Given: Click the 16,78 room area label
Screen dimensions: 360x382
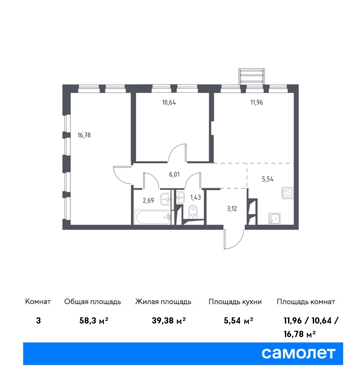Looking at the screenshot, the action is (x=84, y=135).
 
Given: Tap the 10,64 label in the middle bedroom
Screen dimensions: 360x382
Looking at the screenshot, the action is (x=169, y=102).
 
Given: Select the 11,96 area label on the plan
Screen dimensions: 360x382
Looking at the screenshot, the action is (x=256, y=102).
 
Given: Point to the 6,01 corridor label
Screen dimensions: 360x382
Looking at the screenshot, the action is (x=175, y=174).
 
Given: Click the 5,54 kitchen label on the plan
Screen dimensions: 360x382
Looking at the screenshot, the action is (x=268, y=179).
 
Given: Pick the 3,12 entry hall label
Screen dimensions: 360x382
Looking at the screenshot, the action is (x=232, y=209).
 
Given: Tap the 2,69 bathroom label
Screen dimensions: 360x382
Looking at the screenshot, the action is (x=148, y=200).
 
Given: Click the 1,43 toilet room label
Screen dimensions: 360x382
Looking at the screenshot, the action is (x=195, y=197).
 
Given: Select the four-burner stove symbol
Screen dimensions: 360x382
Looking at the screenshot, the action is (x=288, y=193).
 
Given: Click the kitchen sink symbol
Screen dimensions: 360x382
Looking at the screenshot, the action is (x=274, y=218).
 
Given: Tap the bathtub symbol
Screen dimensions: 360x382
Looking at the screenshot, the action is (x=153, y=218).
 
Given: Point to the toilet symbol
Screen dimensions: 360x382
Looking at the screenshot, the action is (x=193, y=212).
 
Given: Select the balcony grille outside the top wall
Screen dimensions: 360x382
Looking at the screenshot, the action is (x=252, y=76).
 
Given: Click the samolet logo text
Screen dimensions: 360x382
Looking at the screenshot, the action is (x=298, y=353).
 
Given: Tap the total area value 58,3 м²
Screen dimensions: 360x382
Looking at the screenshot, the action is (x=94, y=320).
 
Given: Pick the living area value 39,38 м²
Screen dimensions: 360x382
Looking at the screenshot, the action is (x=169, y=320).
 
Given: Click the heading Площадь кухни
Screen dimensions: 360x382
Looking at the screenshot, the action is (x=235, y=302).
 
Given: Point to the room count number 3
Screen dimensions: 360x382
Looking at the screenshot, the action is (x=38, y=320).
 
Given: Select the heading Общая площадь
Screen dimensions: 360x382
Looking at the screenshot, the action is (x=92, y=302).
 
